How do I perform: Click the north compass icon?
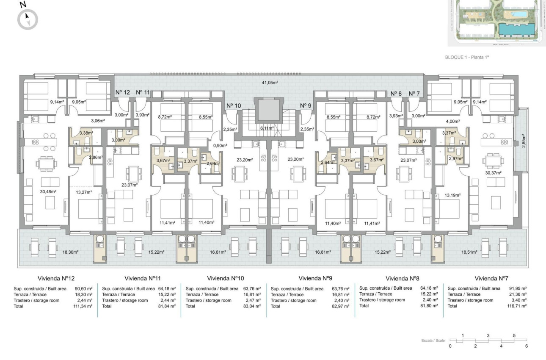28,19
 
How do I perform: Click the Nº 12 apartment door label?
123,92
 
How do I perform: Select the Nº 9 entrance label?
306,105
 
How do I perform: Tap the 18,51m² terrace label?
470,252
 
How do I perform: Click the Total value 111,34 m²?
83,305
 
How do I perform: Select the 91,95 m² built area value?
518,288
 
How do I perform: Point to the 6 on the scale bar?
527,346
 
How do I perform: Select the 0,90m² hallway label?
219,145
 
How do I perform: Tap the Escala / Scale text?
433,340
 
